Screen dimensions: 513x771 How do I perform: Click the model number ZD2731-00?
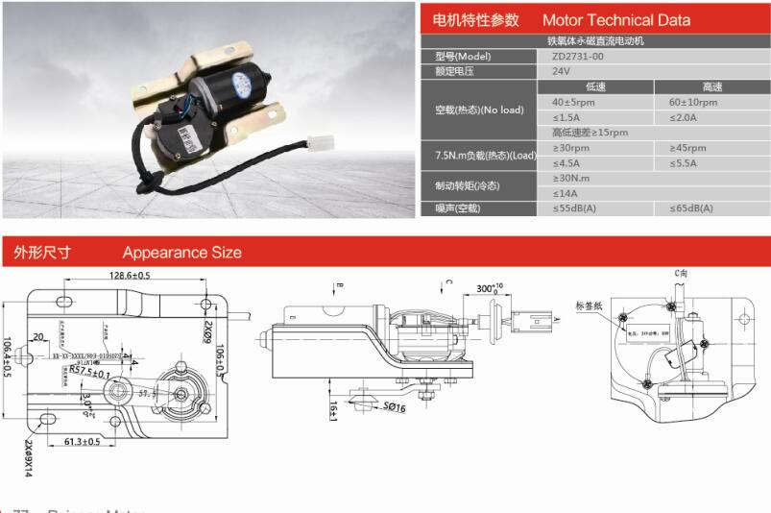pyautogui.click(x=578, y=56)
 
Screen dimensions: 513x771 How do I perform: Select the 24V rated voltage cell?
pyautogui.click(x=563, y=71)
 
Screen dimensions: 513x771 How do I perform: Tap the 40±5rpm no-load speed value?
pyautogui.click(x=574, y=102)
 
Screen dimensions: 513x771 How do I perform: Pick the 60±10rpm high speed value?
pyautogui.click(x=693, y=102)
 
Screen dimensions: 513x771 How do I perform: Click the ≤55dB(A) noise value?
pyautogui.click(x=574, y=208)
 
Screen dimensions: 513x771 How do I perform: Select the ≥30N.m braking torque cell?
pyautogui.click(x=571, y=179)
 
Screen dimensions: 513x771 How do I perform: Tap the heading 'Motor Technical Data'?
pyautogui.click(x=615, y=20)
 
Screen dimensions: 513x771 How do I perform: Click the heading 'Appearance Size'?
pyautogui.click(x=181, y=253)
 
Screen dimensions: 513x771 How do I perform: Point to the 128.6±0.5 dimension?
pyautogui.click(x=130, y=276)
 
